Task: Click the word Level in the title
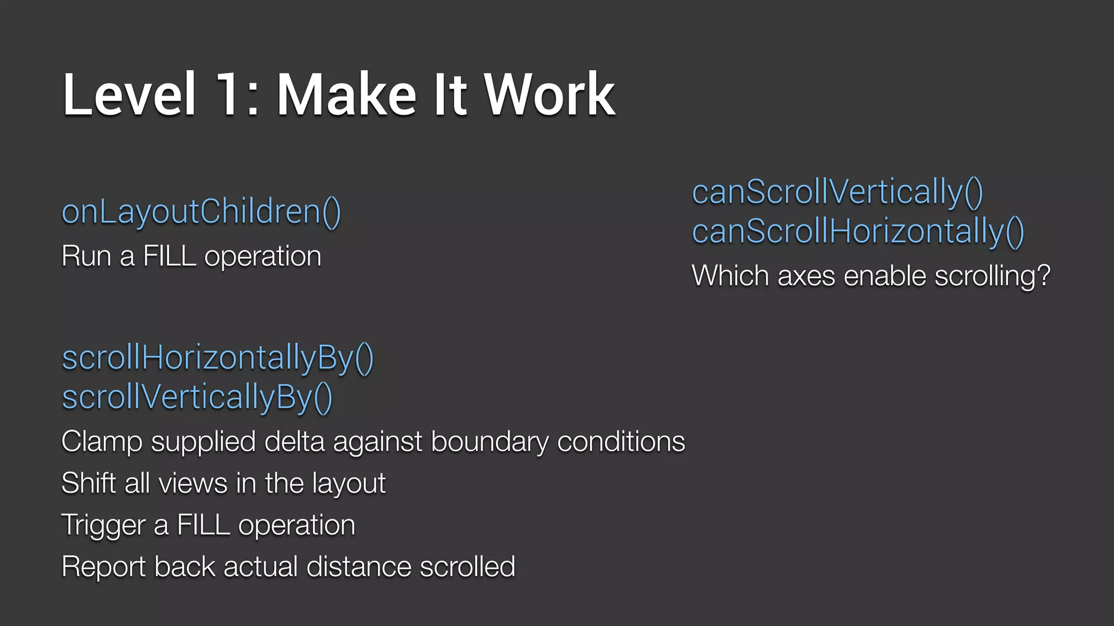coord(129,95)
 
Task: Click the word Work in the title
coord(549,95)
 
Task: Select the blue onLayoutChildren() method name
coord(201,212)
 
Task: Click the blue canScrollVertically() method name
coord(837,192)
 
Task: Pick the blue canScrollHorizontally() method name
coord(858,231)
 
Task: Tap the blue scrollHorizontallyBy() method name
coord(218,359)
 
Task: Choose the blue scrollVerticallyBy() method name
coord(197,398)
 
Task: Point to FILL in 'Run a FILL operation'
coord(169,256)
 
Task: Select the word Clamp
coord(101,442)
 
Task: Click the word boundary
coord(490,442)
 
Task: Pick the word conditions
coord(621,442)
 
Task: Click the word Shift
coord(89,484)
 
